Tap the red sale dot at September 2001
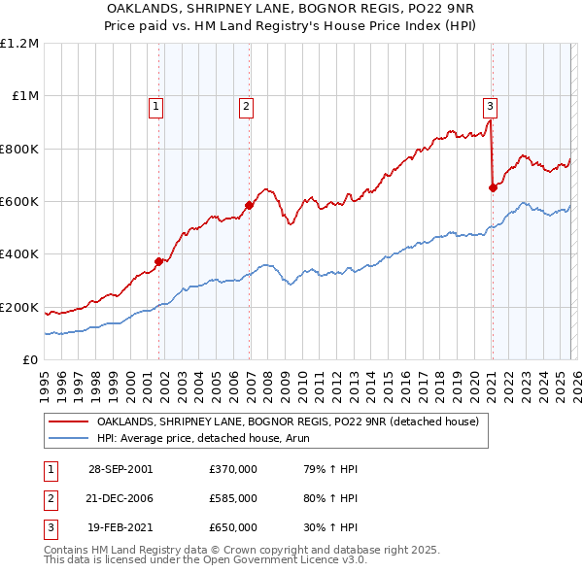pos(159,260)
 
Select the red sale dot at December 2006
pos(250,205)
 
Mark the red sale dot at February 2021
pos(493,187)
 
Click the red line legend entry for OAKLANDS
pos(288,422)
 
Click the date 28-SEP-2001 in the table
pos(120,468)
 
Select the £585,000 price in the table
pos(233,497)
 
